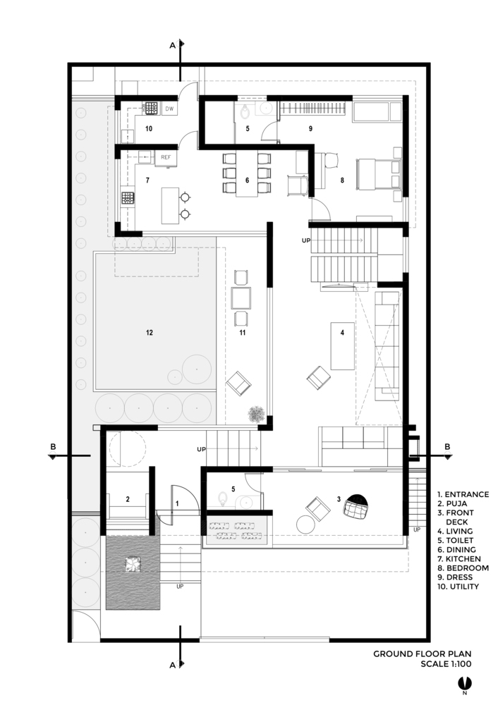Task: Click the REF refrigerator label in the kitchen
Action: [x=166, y=157]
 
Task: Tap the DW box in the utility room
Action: [x=169, y=109]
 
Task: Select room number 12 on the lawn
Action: [x=150, y=333]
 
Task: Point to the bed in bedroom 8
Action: [x=378, y=173]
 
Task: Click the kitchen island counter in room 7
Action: [x=170, y=206]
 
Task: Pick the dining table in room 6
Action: [x=246, y=174]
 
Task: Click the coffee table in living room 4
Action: [x=342, y=345]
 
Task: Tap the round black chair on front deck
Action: [x=356, y=505]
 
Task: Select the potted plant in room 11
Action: [x=257, y=414]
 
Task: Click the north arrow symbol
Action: [x=464, y=683]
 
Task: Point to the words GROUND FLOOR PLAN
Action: [x=422, y=654]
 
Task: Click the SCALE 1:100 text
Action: [x=446, y=663]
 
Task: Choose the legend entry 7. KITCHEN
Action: [x=459, y=559]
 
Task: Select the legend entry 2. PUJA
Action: [x=452, y=503]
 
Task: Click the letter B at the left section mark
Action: [x=53, y=447]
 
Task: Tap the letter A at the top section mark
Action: [x=172, y=45]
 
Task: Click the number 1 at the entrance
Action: [x=177, y=504]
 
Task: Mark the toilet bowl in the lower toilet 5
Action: [x=221, y=498]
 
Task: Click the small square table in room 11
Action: [x=241, y=298]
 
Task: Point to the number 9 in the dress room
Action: [x=310, y=128]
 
